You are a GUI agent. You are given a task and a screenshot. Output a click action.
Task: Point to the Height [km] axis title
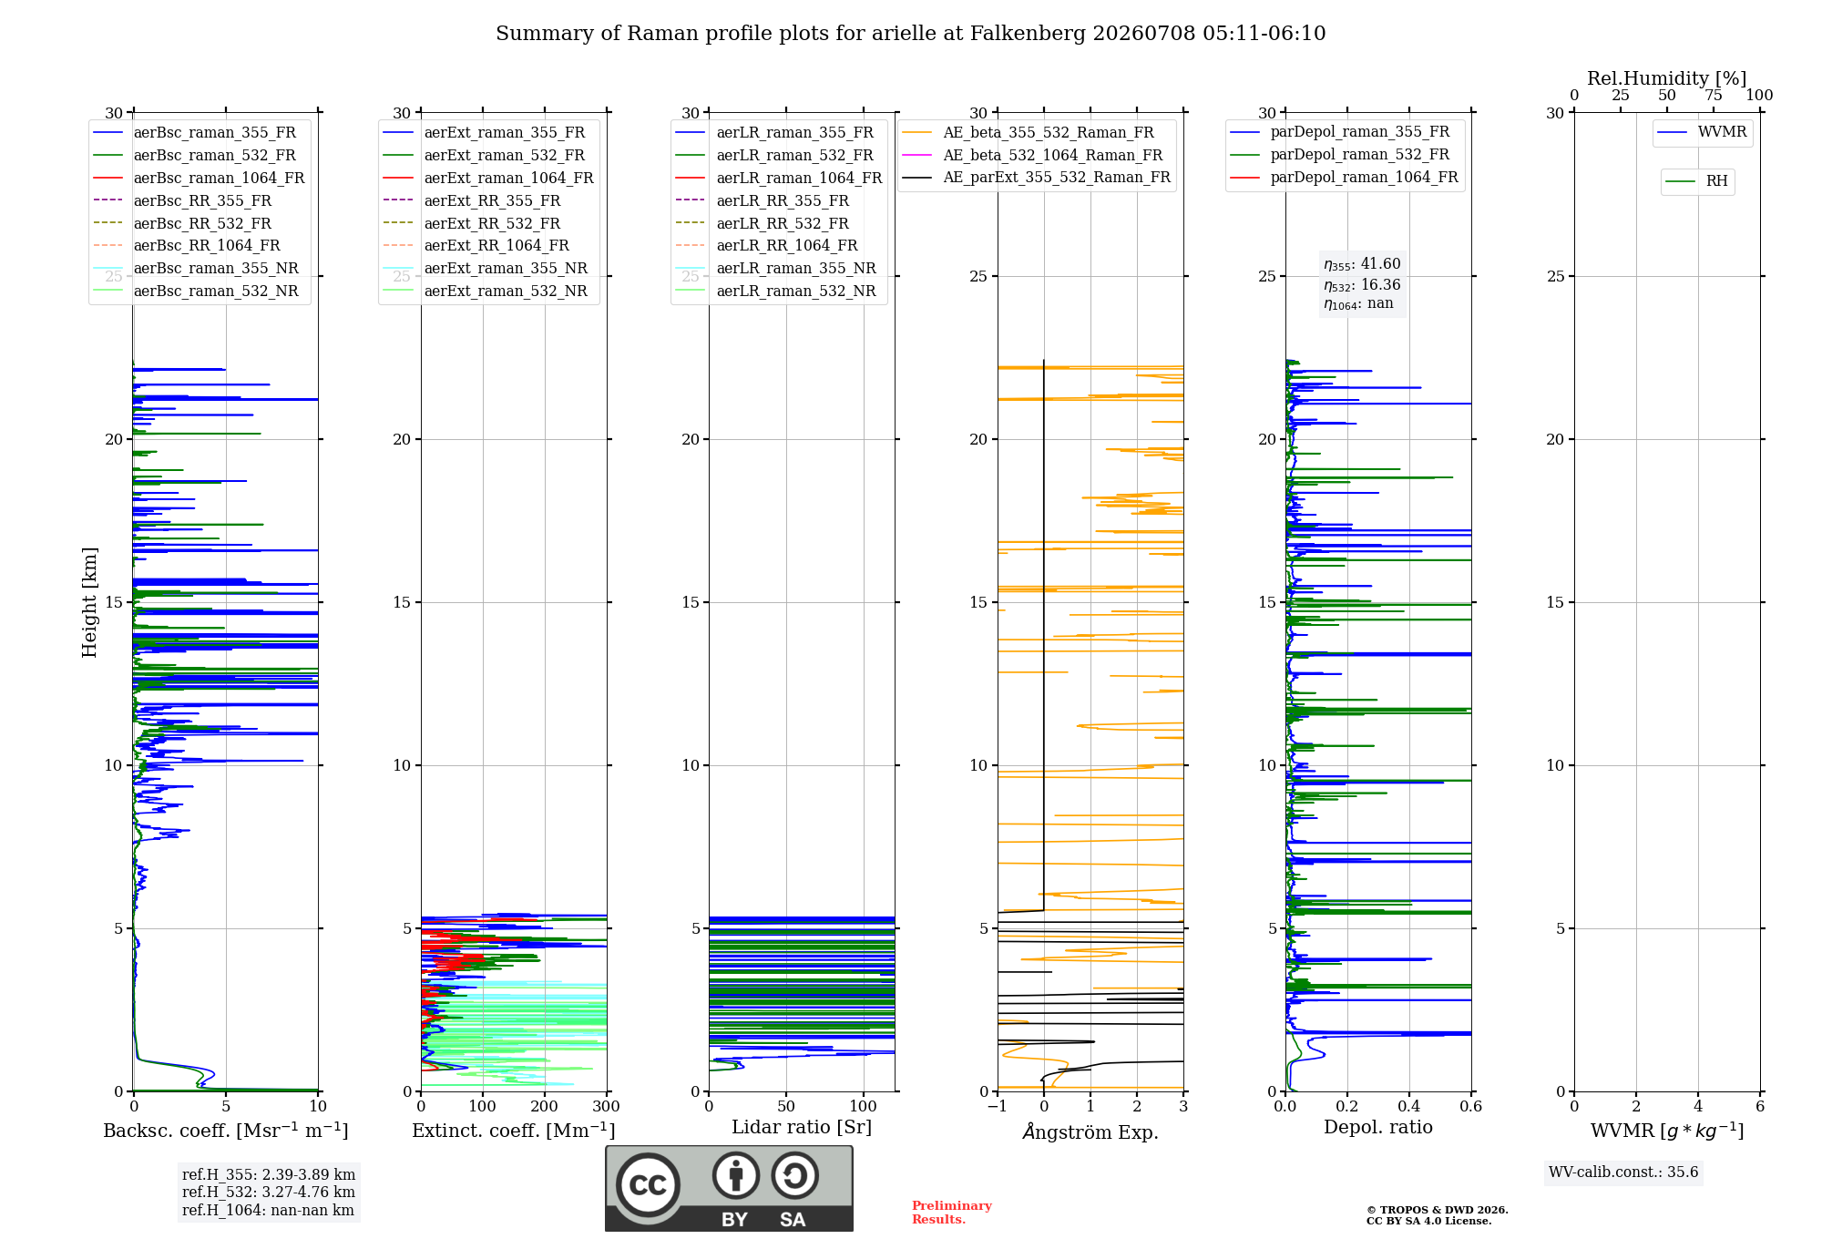point(89,602)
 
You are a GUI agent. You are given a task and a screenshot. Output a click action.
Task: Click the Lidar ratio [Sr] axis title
point(802,1127)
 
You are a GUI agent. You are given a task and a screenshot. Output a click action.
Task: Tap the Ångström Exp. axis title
point(1090,1131)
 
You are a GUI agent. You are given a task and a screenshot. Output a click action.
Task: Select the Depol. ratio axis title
point(1378,1127)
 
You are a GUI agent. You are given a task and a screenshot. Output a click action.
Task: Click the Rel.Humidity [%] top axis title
point(1667,78)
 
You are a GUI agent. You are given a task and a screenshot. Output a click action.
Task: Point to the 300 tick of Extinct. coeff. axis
point(606,1106)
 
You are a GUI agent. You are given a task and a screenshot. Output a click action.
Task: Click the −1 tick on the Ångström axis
point(998,1106)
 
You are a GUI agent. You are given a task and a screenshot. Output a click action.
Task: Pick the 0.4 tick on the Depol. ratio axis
point(1409,1106)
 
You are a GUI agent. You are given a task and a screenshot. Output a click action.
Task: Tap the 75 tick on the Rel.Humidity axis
point(1714,95)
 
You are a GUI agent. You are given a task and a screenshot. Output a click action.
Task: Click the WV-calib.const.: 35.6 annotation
point(1623,1172)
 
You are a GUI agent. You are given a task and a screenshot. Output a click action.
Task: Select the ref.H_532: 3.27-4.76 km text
point(269,1192)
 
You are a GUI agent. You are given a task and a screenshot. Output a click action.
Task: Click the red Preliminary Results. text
point(952,1213)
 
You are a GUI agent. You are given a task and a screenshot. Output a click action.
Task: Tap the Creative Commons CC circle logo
point(648,1184)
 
